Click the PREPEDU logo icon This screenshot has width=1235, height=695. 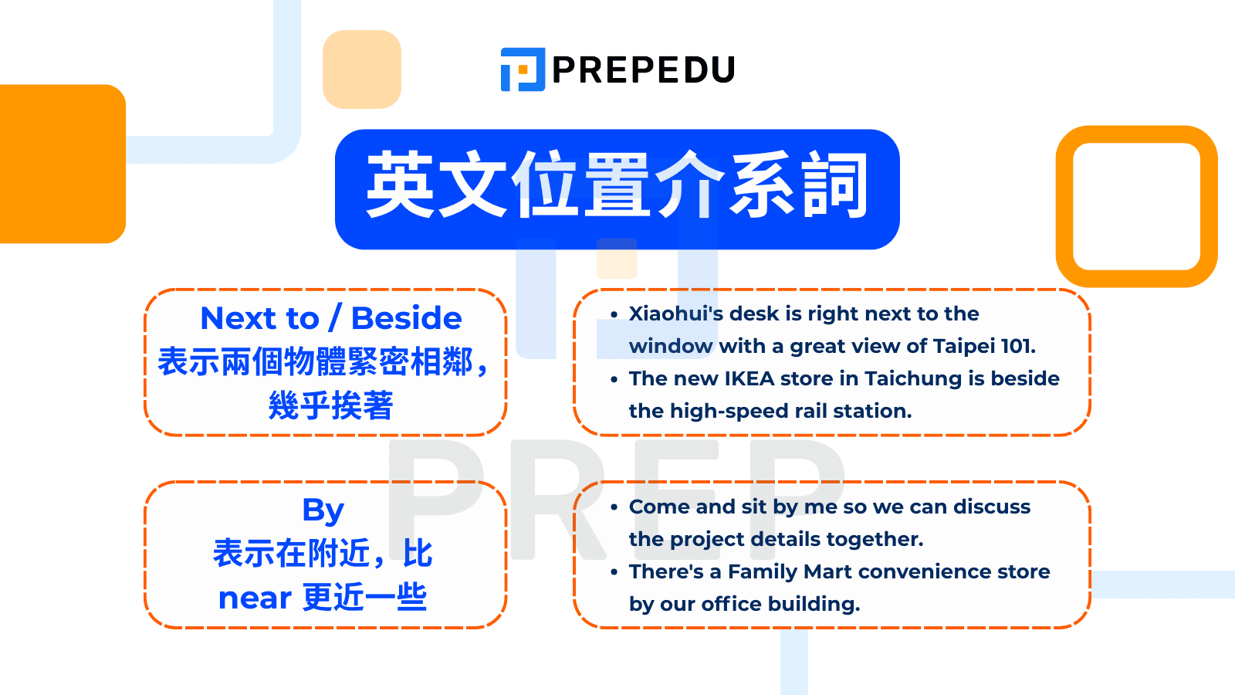click(x=523, y=69)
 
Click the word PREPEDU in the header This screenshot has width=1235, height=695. click(x=643, y=70)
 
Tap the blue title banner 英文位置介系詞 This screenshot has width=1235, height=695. click(x=617, y=188)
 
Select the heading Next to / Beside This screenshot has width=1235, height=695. click(x=330, y=318)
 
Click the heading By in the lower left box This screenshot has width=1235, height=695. click(x=323, y=510)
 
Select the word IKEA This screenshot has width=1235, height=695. click(x=749, y=378)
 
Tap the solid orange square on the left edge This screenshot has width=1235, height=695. click(x=62, y=164)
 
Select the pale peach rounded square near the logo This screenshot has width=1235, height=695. click(x=361, y=69)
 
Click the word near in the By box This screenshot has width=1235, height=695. click(x=254, y=598)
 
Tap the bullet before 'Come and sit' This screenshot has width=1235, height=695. click(x=614, y=507)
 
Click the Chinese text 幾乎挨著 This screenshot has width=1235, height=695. click(x=330, y=405)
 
